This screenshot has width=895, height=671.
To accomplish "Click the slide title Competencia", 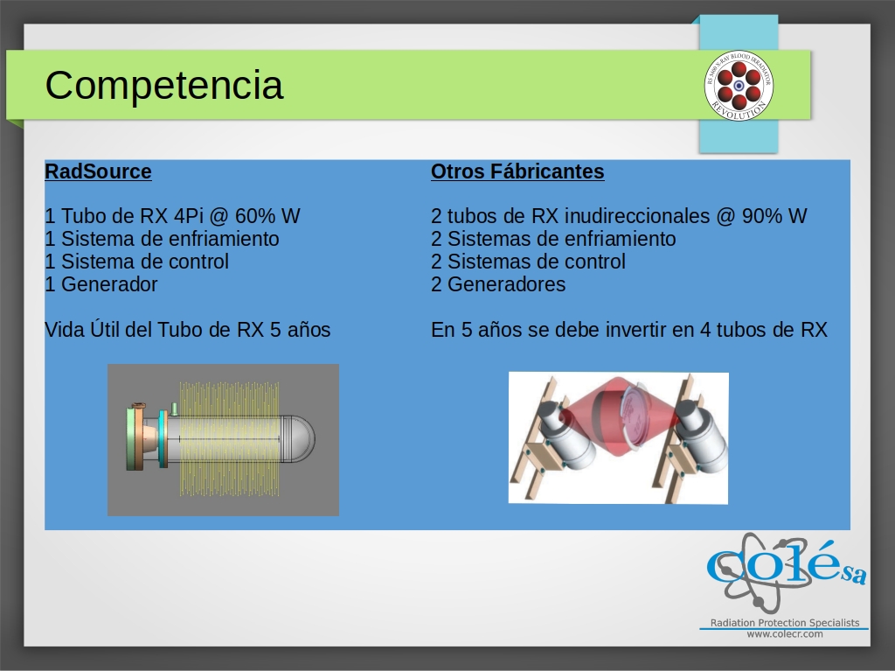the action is (163, 85).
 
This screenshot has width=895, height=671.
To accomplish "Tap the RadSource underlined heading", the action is (98, 171).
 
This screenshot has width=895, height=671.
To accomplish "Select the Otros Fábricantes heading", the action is (517, 171).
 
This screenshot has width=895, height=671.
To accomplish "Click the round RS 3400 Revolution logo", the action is (739, 85).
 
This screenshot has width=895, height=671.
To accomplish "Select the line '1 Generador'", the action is (101, 284).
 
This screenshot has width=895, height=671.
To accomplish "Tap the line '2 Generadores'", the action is (498, 284).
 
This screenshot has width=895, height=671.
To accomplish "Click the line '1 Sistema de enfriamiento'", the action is (162, 238).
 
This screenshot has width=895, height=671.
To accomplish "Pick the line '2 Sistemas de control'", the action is (528, 262).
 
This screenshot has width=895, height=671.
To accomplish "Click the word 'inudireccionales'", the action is (637, 216).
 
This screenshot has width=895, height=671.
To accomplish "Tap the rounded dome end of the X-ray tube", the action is (299, 439).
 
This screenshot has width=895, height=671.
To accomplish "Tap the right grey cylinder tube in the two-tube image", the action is (700, 436).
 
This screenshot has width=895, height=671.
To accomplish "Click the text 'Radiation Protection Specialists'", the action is (785, 622).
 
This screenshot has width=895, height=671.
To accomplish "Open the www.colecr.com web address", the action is (785, 634).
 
